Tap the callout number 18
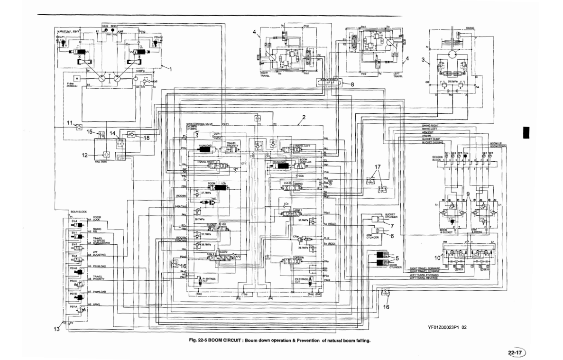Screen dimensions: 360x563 click(x=147, y=138)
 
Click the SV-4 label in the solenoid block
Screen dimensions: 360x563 click(x=74, y=221)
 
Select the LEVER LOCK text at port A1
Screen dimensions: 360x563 click(x=97, y=219)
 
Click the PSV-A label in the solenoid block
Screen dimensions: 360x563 click(x=73, y=307)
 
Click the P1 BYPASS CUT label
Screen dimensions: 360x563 click(x=209, y=280)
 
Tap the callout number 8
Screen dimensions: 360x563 click(x=351, y=84)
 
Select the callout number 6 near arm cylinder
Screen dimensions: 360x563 click(x=392, y=236)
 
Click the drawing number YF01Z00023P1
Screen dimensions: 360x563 click(x=443, y=327)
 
